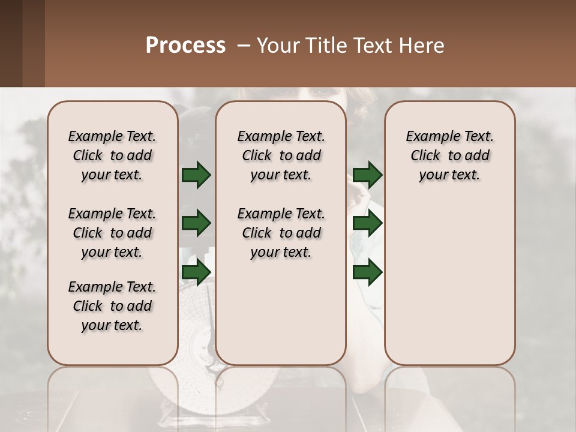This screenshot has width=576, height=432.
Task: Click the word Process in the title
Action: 185,46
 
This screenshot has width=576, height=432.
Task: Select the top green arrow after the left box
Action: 196,175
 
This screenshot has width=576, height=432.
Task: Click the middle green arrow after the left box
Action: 196,223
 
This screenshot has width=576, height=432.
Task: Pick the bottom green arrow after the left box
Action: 196,272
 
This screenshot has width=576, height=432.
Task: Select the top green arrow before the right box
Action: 367,175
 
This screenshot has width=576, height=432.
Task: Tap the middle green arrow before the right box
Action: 367,223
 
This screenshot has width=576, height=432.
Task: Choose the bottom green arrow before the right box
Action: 367,272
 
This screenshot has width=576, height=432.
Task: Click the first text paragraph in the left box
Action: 112,155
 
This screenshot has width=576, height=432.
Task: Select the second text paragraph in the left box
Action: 112,233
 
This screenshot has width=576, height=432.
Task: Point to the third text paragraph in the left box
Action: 112,306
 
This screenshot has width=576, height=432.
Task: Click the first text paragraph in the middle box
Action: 281,155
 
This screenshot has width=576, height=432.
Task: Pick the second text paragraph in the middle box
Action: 281,233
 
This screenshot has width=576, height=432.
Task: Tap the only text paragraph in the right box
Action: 450,155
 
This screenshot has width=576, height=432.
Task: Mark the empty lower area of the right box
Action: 450,282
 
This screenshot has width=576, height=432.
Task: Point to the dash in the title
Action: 244,46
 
